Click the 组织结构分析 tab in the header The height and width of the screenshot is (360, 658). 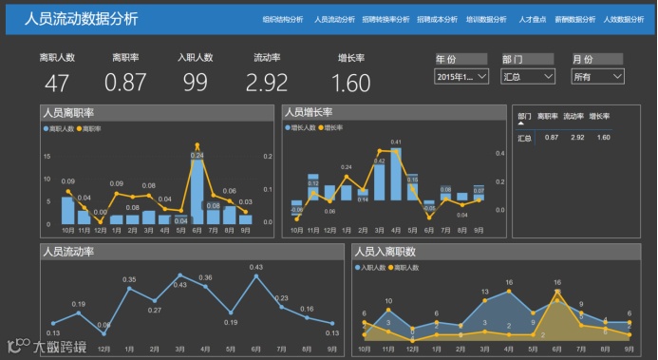pyautogui.click(x=284, y=19)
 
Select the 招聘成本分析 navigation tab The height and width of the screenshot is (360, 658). pyautogui.click(x=437, y=19)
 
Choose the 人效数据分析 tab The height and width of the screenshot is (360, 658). pyautogui.click(x=623, y=19)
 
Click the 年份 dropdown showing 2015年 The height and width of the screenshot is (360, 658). pyautogui.click(x=461, y=76)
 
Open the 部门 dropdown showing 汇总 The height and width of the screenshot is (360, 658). pyautogui.click(x=528, y=76)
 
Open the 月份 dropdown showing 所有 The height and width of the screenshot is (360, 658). pyautogui.click(x=597, y=76)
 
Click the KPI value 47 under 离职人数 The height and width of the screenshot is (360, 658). pyautogui.click(x=57, y=83)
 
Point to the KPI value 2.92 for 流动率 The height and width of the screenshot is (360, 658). pyautogui.click(x=266, y=83)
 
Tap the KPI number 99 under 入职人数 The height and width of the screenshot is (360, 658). pyautogui.click(x=195, y=83)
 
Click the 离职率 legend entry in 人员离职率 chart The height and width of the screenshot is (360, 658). pyautogui.click(x=92, y=128)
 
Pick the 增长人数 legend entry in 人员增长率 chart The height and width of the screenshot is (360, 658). pyautogui.click(x=303, y=126)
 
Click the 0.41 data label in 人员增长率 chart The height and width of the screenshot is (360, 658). pyautogui.click(x=396, y=142)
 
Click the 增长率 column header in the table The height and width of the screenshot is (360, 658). pyautogui.click(x=598, y=116)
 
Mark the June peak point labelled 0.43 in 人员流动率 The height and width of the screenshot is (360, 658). pyautogui.click(x=256, y=278)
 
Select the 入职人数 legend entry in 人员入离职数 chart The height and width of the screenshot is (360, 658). pyautogui.click(x=371, y=268)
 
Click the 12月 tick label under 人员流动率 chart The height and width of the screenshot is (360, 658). pyautogui.click(x=103, y=348)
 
